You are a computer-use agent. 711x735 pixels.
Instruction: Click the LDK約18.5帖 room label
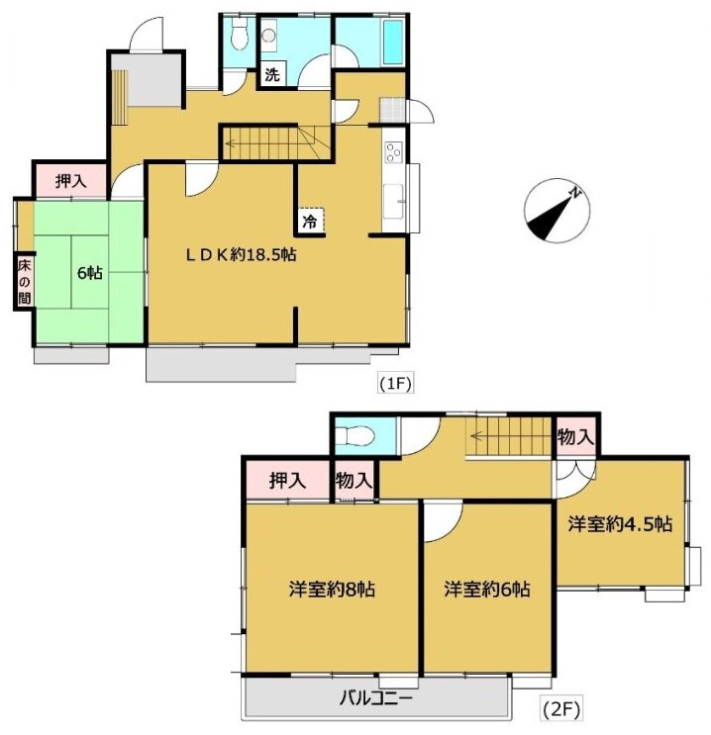[241, 255]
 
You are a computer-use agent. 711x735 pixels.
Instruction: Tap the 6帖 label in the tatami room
[90, 273]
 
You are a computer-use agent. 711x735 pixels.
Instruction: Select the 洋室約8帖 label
[332, 590]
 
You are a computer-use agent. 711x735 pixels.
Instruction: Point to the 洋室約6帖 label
[487, 590]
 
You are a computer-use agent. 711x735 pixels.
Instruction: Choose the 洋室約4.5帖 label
[621, 524]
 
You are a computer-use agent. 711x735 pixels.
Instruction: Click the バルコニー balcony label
[376, 699]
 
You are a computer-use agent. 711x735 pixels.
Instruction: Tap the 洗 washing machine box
[272, 74]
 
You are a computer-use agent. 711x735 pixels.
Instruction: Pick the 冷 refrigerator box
[310, 222]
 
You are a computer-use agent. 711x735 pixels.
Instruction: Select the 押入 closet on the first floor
[71, 180]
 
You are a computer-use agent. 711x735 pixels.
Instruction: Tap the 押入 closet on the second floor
[288, 481]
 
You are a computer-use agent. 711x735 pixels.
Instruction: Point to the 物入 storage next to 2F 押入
[354, 481]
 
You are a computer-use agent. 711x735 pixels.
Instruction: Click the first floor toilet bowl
[240, 35]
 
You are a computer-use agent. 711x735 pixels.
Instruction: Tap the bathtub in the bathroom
[393, 43]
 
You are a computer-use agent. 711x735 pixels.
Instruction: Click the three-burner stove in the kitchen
[393, 152]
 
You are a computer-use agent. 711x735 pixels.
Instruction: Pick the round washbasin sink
[269, 36]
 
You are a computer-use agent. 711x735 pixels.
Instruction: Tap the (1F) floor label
[395, 384]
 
